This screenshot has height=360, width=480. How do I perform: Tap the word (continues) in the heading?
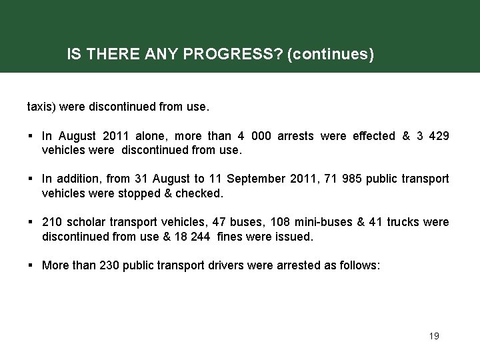[x=330, y=54]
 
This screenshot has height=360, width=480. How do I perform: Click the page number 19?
[x=434, y=336]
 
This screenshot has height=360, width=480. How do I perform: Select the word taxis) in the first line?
[x=42, y=106]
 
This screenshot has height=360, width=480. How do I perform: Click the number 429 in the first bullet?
[x=439, y=136]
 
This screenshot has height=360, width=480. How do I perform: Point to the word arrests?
[x=294, y=136]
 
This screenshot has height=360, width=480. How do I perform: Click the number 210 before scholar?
[x=51, y=222]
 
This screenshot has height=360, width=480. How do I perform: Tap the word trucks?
[x=401, y=222]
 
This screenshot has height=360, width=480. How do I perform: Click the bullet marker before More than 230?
[x=31, y=265]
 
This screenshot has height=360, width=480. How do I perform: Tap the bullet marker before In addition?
[x=31, y=179]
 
